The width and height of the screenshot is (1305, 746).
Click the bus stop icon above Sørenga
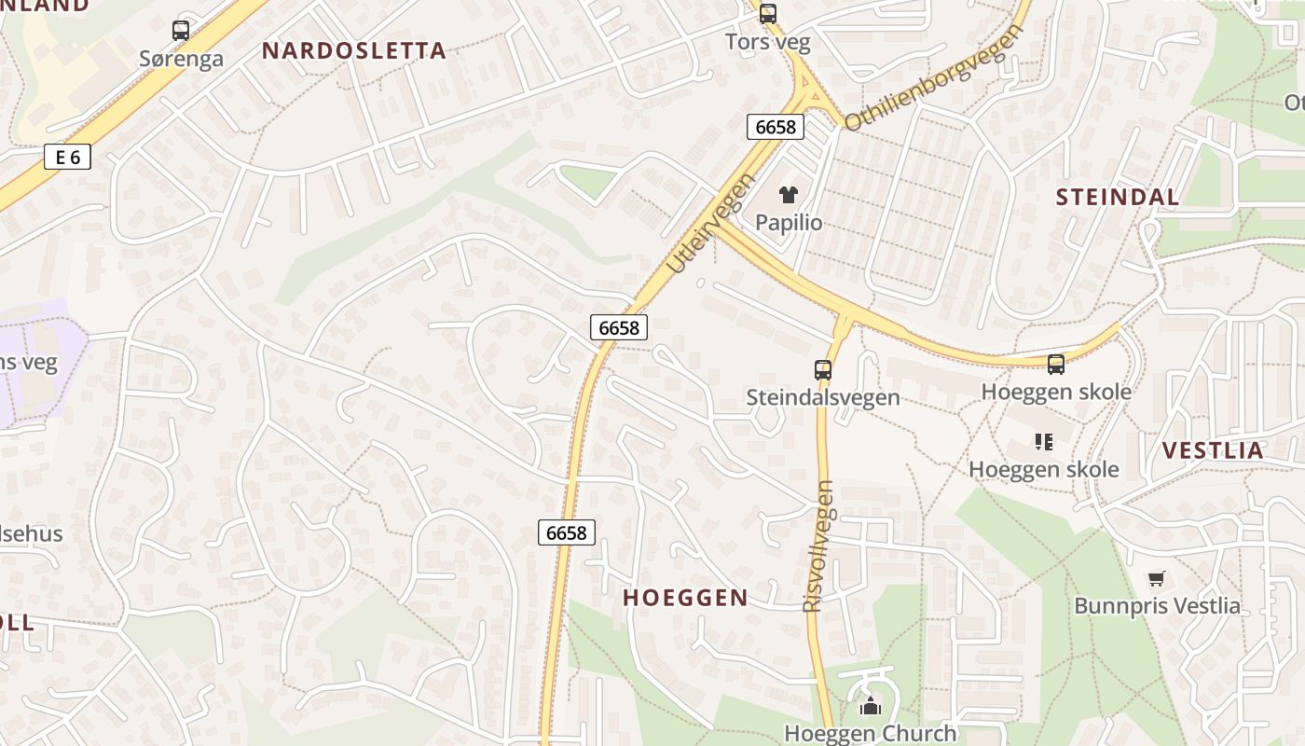click(x=181, y=31)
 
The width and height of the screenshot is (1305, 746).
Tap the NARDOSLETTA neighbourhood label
click(x=354, y=50)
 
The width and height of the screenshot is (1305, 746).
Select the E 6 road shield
click(x=68, y=157)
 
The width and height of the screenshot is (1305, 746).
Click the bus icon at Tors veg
click(x=767, y=14)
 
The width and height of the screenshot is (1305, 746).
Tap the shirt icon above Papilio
click(x=788, y=195)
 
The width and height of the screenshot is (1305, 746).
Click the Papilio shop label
click(x=789, y=222)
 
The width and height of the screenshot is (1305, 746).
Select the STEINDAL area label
click(x=1118, y=197)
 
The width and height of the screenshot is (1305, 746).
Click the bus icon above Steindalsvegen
click(x=822, y=370)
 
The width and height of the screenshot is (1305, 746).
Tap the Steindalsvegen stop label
click(x=823, y=397)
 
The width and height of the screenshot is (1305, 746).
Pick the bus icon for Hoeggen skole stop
click(x=1055, y=365)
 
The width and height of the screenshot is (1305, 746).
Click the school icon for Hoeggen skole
click(x=1043, y=442)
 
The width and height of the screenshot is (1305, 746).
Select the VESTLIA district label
click(x=1213, y=450)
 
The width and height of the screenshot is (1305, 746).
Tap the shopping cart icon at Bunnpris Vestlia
click(x=1157, y=578)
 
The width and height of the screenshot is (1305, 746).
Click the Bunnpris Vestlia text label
click(x=1157, y=605)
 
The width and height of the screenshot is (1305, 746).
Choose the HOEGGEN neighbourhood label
click(x=685, y=598)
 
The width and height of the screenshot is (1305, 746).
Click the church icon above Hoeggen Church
click(x=871, y=706)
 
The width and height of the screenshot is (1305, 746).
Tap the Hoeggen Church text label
click(x=871, y=733)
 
